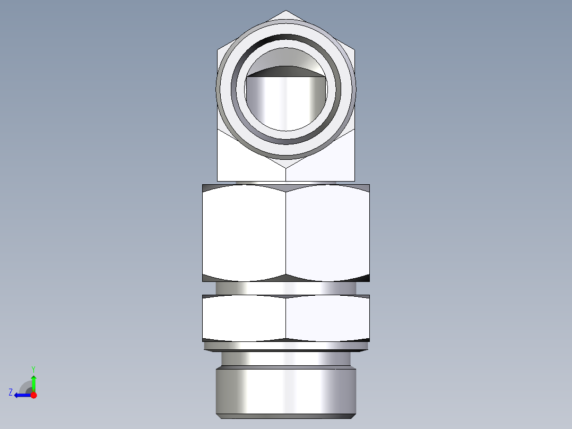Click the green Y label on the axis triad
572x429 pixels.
pyautogui.click(x=33, y=368)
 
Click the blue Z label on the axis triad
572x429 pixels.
pyautogui.click(x=11, y=392)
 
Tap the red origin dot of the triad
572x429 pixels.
pyautogui.click(x=33, y=395)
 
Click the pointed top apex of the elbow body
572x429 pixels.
pyautogui.click(x=286, y=12)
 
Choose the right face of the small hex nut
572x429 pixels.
pyautogui.click(x=327, y=318)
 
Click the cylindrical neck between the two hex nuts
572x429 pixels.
pyautogui.click(x=286, y=288)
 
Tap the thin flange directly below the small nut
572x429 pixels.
pyautogui.click(x=286, y=346)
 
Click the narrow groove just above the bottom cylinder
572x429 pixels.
pyautogui.click(x=286, y=359)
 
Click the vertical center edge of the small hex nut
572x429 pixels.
pyautogui.click(x=286, y=318)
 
